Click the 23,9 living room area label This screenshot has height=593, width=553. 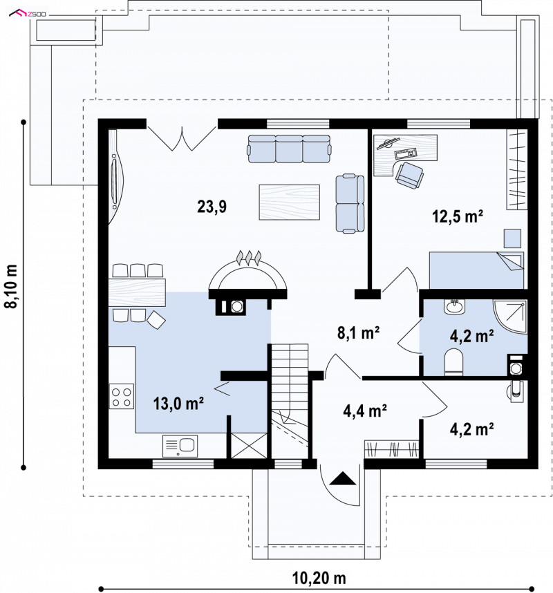pos(212,207)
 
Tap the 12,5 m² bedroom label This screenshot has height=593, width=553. pos(458,216)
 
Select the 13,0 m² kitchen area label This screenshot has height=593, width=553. pos(178,404)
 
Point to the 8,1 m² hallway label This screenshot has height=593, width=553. pos(358,333)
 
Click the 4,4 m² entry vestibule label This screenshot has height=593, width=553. pos(364,411)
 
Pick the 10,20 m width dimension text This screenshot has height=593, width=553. pos(319,578)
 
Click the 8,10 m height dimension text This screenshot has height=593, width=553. pos(11,285)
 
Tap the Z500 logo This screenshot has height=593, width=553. pos(27,14)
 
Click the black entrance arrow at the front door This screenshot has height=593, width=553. pos(343,478)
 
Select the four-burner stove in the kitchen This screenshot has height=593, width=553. pos(122,396)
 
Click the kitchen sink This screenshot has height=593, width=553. pos(180,446)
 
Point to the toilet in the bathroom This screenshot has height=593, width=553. pos(453,362)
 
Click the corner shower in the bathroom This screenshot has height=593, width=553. pos(510,317)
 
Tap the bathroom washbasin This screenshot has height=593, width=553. pos(454,306)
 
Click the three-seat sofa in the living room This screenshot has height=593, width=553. pos(289,149)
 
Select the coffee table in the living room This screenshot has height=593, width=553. pos(290,202)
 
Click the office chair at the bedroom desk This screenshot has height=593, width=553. pos(410,175)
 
